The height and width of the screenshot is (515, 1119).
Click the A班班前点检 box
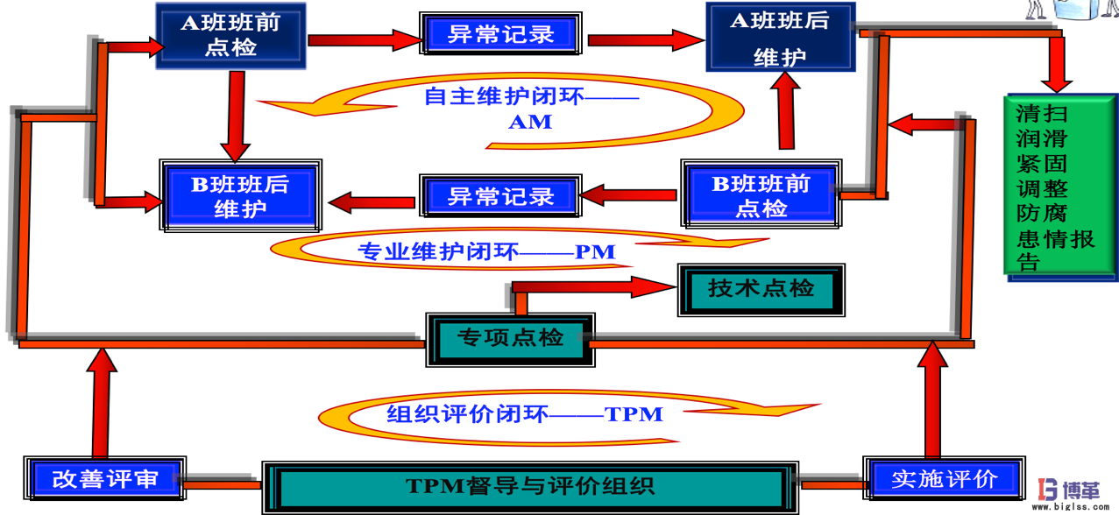tap(231, 36)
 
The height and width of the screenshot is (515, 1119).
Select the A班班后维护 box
tap(780, 38)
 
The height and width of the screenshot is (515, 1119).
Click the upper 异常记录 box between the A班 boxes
tap(501, 36)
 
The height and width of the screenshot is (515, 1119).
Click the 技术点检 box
tap(761, 288)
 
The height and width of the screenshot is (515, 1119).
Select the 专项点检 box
tap(509, 338)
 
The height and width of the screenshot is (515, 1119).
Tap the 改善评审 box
tap(106, 479)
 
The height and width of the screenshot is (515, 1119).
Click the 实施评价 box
tap(944, 479)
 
